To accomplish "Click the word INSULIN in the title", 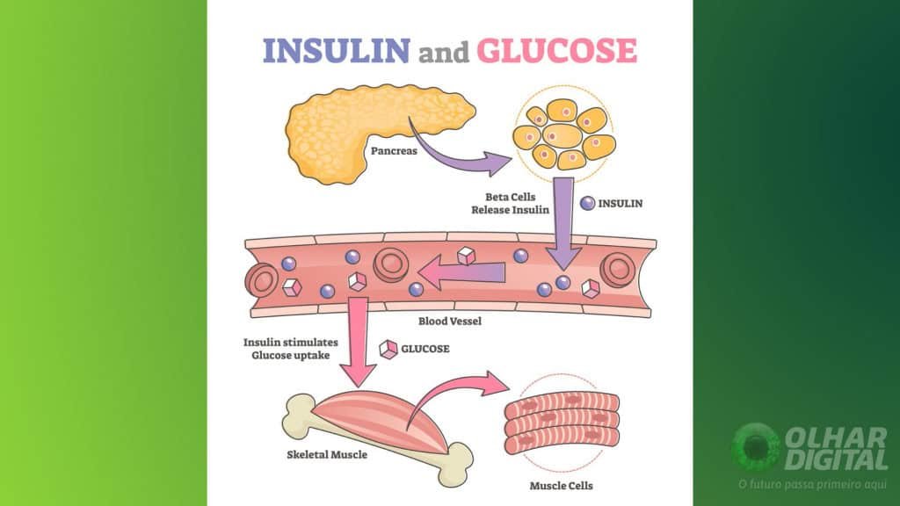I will pyautogui.click(x=336, y=50).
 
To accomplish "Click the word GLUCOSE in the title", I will pyautogui.click(x=555, y=50).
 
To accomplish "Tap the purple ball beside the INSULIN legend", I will pyautogui.click(x=588, y=203).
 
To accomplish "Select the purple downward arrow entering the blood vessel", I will pyautogui.click(x=562, y=228).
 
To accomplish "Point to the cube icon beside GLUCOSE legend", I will pyautogui.click(x=387, y=349).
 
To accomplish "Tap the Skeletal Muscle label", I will pyautogui.click(x=327, y=455).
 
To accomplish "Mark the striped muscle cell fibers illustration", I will pyautogui.click(x=562, y=419).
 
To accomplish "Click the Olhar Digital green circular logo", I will pyautogui.click(x=755, y=448).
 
